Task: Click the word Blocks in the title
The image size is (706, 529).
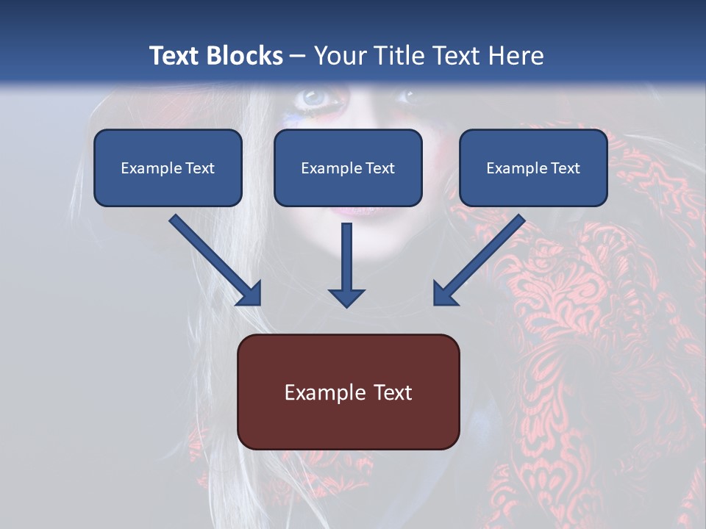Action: coord(246,56)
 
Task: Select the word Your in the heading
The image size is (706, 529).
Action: coord(338,56)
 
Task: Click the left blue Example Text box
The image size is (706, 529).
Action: coord(168,168)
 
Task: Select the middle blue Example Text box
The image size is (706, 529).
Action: coord(348,168)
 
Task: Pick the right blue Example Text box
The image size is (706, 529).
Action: coord(533,168)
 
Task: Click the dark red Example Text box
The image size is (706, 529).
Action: coord(348,392)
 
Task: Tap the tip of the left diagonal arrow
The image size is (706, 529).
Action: coord(259,303)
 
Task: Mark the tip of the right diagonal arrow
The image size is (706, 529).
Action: coord(435,303)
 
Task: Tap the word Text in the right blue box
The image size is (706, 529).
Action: coord(565,168)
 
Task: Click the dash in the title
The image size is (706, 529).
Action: coord(298,57)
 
